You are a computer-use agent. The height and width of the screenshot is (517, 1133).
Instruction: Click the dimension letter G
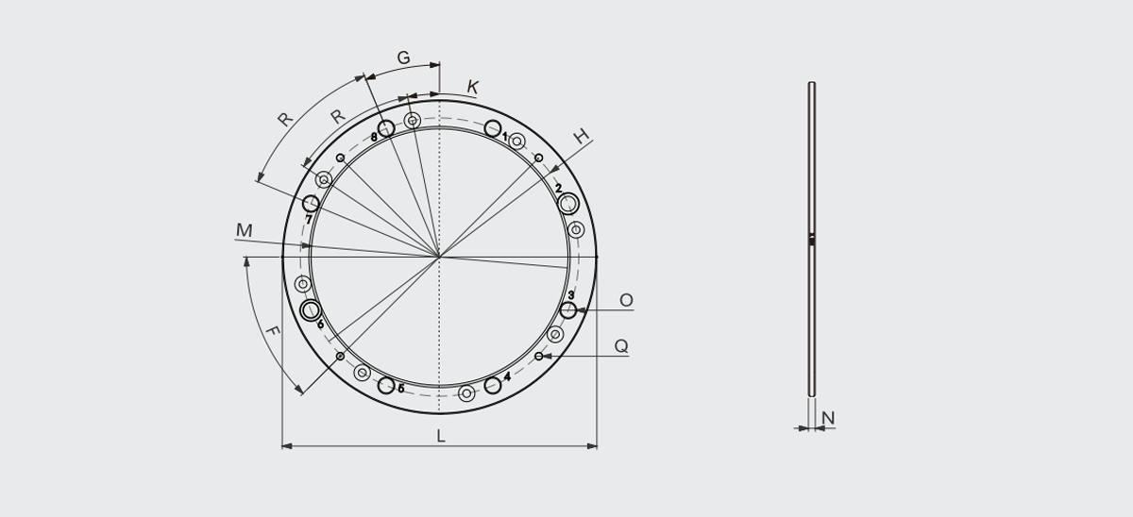coord(403,58)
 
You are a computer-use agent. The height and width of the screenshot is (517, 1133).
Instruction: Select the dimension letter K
coord(472,87)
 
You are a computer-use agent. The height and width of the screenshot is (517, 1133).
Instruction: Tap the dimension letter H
coord(582,136)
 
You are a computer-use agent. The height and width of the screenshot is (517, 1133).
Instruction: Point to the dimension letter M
coord(244,230)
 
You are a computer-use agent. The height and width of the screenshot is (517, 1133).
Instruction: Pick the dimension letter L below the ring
coord(441,436)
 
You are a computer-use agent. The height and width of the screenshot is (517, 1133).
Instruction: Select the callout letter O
coord(626,300)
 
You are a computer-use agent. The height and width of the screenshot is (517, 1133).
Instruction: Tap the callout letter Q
coord(621,346)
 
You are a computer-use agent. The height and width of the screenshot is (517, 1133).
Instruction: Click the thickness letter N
coord(828,418)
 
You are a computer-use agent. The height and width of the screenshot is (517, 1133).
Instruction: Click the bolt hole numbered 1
coord(493,128)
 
